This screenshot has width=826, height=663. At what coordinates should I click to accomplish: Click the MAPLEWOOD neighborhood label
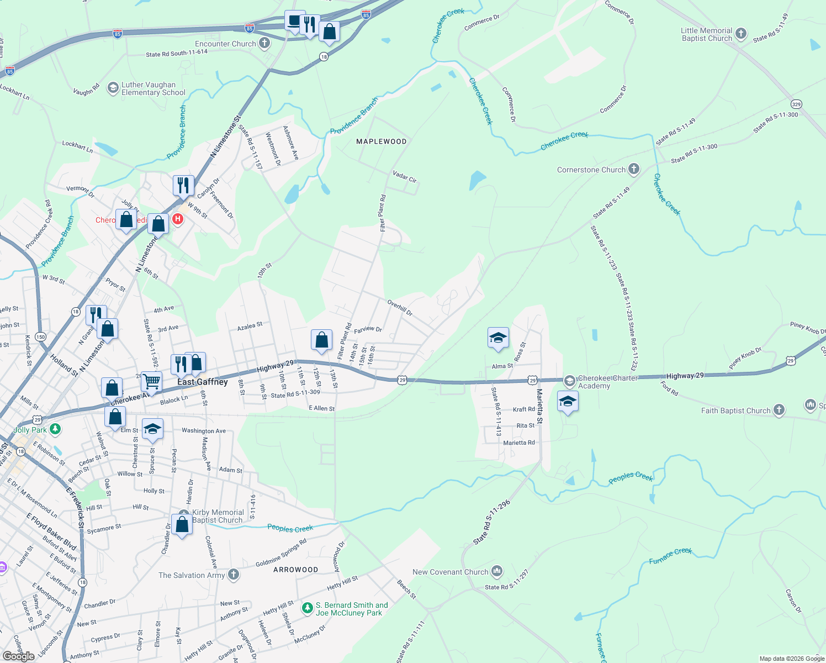[x=381, y=141]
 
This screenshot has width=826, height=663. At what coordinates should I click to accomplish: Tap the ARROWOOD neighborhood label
[x=295, y=570]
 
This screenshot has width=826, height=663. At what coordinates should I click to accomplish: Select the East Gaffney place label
[x=202, y=382]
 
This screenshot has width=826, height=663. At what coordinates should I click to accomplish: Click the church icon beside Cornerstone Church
[x=634, y=169]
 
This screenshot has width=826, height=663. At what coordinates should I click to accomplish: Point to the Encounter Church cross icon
[x=264, y=43]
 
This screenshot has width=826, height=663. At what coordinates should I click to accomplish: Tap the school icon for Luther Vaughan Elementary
[x=113, y=88]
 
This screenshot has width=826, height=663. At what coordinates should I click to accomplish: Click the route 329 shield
[x=796, y=104]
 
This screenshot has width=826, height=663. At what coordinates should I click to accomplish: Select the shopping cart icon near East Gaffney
[x=151, y=381]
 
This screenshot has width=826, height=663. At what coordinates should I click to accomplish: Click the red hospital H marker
[x=177, y=219]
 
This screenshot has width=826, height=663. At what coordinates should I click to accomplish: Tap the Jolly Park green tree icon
[x=55, y=429]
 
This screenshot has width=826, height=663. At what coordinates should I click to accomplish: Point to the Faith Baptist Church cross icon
[x=779, y=410]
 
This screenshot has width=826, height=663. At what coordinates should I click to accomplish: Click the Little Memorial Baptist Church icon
[x=741, y=34]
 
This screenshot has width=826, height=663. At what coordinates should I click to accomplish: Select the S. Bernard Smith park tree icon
[x=308, y=608]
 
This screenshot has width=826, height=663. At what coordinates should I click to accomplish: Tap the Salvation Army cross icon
[x=234, y=575]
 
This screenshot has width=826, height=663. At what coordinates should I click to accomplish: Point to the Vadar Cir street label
[x=404, y=176]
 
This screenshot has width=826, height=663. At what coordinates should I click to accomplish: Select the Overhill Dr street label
[x=400, y=308]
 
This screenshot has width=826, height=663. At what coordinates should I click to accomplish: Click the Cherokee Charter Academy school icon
[x=569, y=381]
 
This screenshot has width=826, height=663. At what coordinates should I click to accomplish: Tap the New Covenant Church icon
[x=497, y=571]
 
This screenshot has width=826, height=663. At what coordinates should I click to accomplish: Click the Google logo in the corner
[x=19, y=656]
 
